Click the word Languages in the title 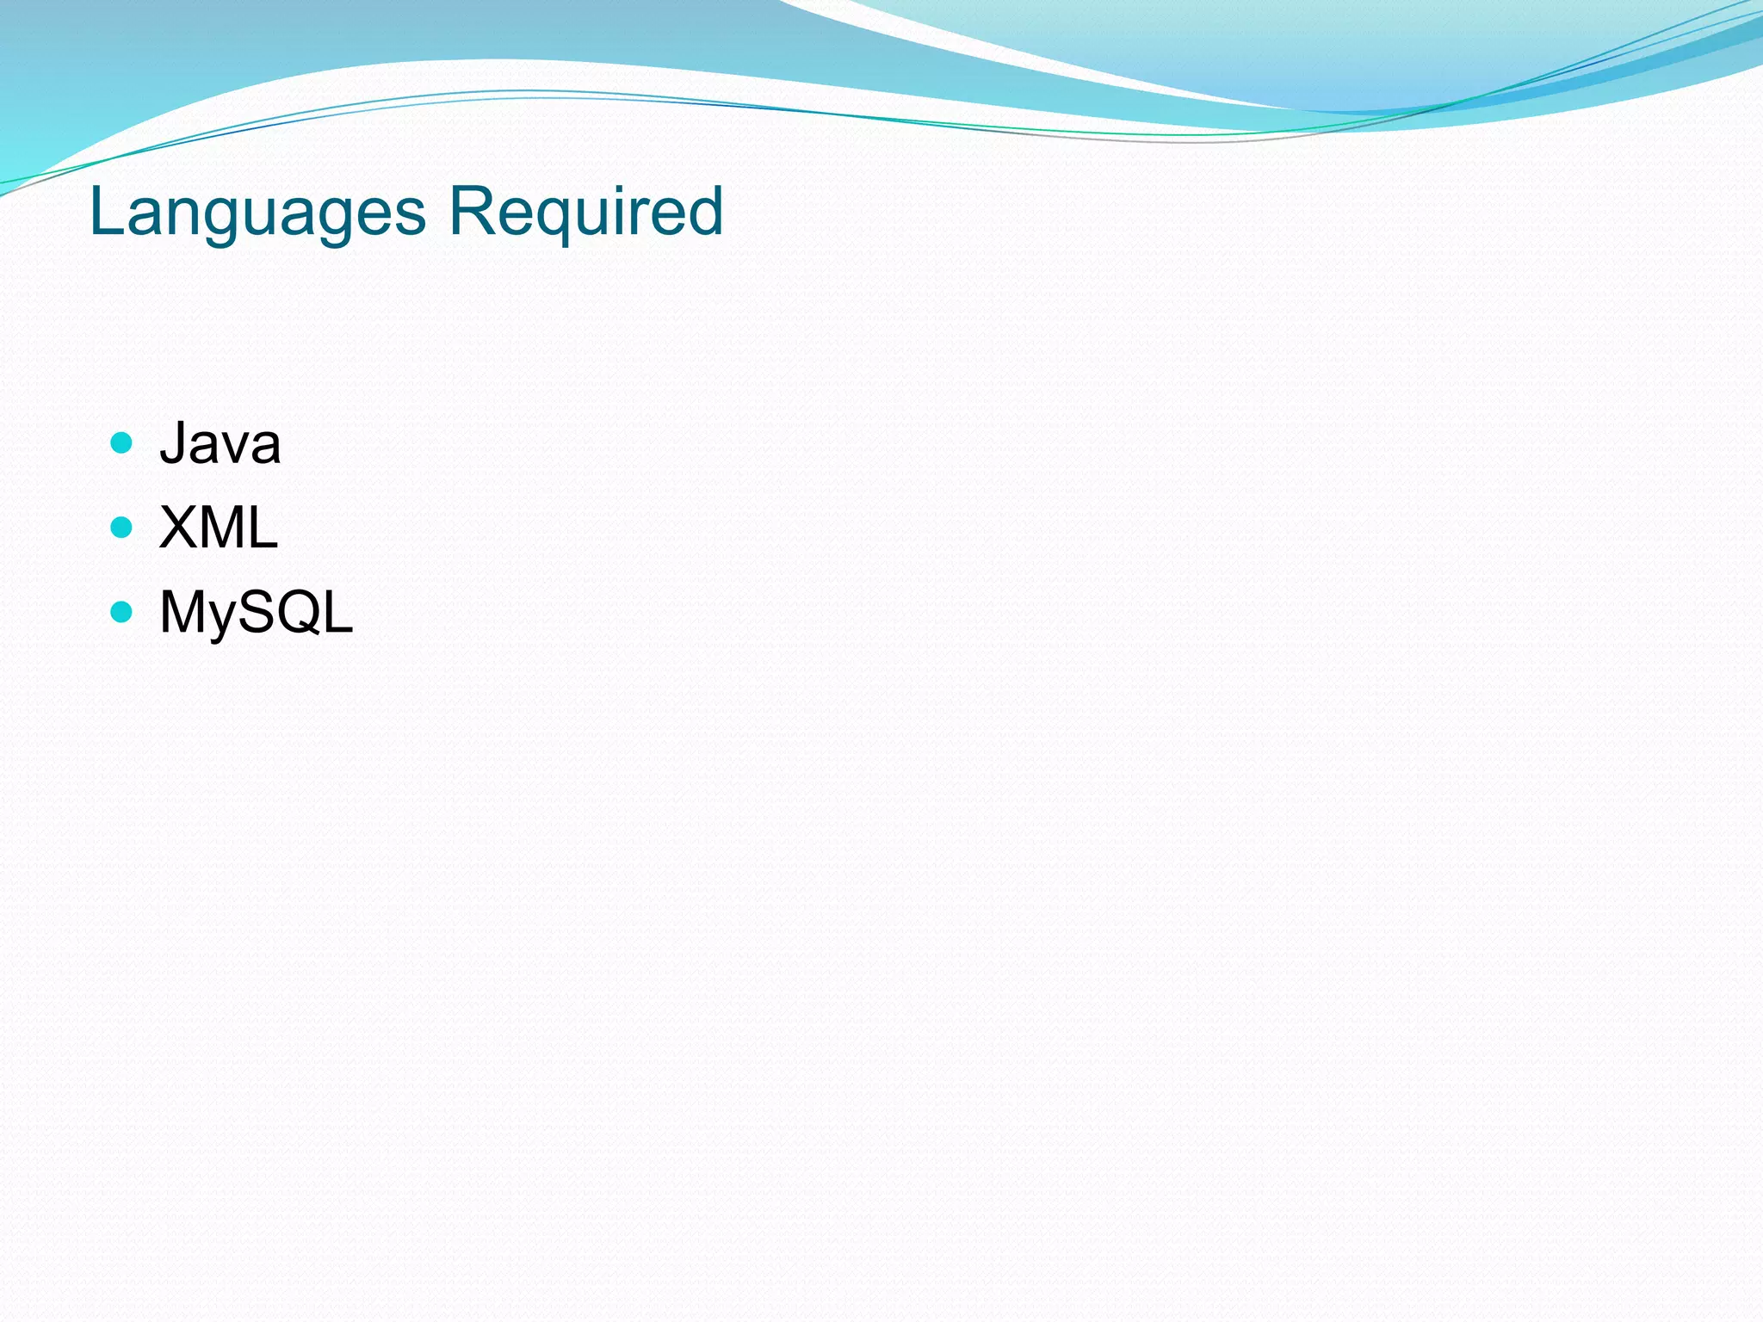click(257, 212)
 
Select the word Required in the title click(585, 212)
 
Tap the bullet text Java click(220, 444)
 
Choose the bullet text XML click(219, 528)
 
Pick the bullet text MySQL click(257, 612)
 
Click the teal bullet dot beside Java click(121, 443)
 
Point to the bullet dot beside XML click(121, 527)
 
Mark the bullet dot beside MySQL click(121, 611)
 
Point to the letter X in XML click(178, 528)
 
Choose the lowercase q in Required click(546, 219)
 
